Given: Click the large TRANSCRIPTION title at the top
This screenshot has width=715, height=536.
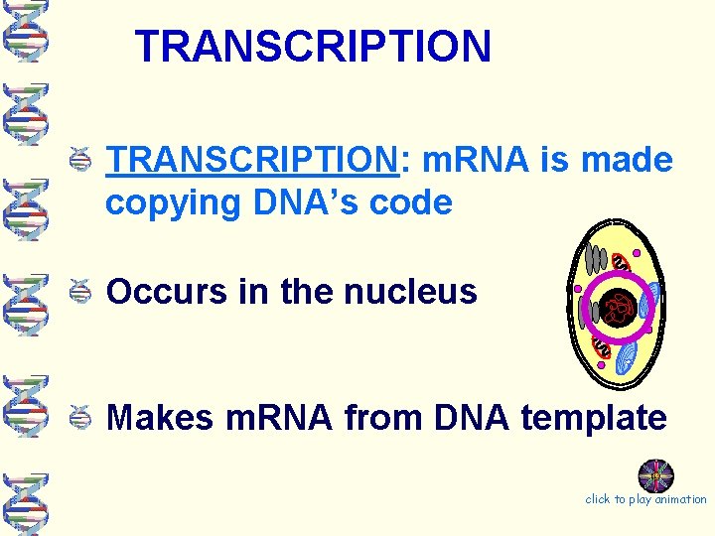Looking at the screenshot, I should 313,46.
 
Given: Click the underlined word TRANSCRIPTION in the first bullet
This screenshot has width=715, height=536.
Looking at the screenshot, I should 252,160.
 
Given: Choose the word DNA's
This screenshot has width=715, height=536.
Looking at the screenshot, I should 304,202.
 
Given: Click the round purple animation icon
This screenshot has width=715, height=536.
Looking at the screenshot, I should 655,475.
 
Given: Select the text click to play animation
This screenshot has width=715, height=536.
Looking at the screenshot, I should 645,499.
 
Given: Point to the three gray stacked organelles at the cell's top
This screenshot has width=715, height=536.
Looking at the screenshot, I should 596,259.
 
